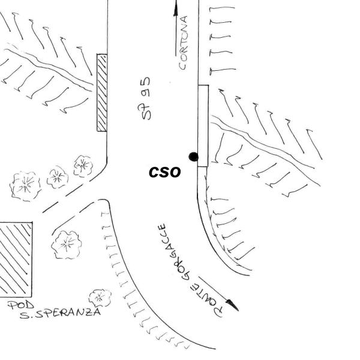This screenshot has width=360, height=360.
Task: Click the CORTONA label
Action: pyautogui.click(x=185, y=42)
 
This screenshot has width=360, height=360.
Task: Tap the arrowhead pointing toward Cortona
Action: pyautogui.click(x=176, y=7)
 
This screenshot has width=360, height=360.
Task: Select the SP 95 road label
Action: pyautogui.click(x=146, y=98)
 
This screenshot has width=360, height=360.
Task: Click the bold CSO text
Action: pyautogui.click(x=164, y=172)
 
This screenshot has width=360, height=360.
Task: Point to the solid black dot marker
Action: pyautogui.click(x=193, y=157)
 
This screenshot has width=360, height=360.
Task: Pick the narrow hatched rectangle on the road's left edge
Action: pyautogui.click(x=102, y=93)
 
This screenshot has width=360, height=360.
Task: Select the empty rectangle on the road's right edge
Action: pyautogui.click(x=203, y=125)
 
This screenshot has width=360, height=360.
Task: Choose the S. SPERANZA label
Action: pyautogui.click(x=59, y=313)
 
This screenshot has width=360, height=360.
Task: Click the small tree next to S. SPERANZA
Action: pyautogui.click(x=99, y=297)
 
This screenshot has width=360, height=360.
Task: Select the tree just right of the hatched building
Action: pyautogui.click(x=67, y=244)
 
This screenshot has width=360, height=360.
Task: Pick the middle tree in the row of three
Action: pyautogui.click(x=58, y=176)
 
